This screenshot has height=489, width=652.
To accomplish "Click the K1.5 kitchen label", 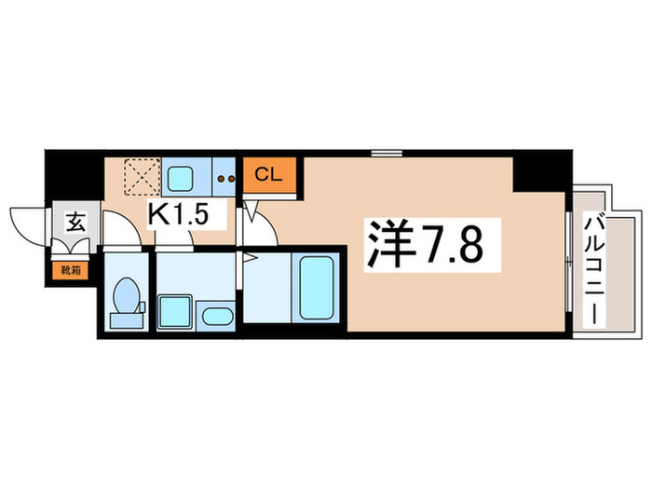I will pos(188,215).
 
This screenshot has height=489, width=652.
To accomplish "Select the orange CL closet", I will pos(269,173).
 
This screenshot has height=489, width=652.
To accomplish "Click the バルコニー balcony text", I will pos(592,268).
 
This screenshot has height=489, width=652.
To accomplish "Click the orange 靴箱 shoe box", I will pos(71,270).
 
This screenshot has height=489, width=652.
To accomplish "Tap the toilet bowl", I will pos(124,298).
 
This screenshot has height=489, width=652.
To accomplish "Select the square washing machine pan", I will pos(174,311).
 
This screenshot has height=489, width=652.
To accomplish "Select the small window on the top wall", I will pos(386,152).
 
